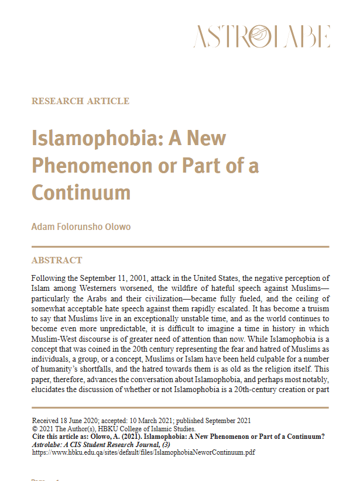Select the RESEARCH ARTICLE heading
80,101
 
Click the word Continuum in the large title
81,192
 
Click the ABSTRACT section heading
57,260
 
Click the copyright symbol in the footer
35,428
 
